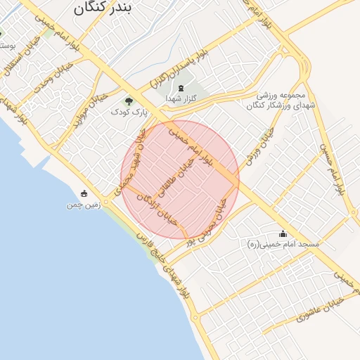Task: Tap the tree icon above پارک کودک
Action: (128, 101)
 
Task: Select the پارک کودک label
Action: (127, 112)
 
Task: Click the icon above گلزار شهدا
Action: (181, 89)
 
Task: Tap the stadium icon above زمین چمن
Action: (84, 193)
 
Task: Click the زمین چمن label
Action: (84, 205)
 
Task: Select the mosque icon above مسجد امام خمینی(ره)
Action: (283, 233)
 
